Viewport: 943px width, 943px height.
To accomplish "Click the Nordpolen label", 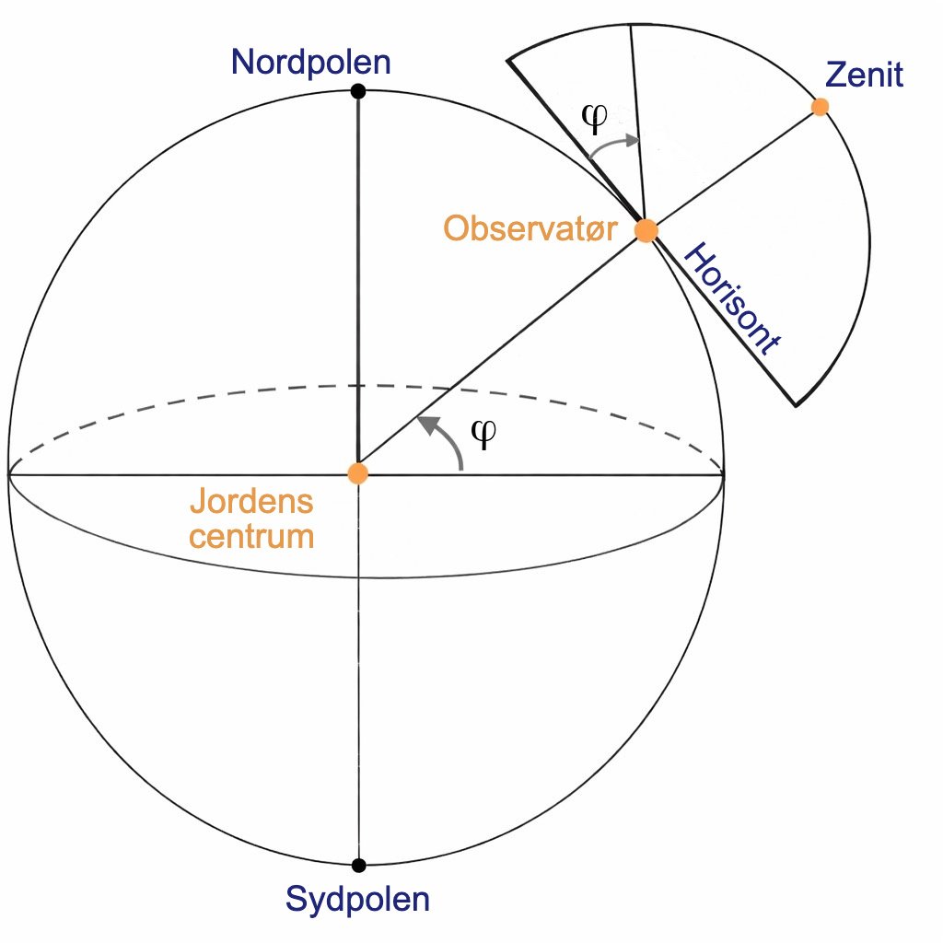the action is click(311, 62).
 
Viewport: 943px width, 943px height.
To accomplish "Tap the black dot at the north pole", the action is click(358, 91).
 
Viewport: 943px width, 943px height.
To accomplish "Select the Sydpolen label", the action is click(358, 901).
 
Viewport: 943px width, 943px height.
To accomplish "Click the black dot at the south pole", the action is click(358, 866).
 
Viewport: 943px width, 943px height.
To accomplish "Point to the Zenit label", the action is click(864, 76).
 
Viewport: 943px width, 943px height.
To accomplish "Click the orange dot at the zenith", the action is click(820, 107).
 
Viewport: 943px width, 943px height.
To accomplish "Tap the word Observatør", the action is click(530, 229).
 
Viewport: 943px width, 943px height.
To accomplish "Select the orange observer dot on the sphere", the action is click(646, 230).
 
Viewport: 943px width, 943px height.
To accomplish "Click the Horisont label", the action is click(732, 299).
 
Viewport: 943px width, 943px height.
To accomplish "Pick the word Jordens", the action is click(251, 501).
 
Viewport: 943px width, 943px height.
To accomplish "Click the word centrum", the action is click(251, 537).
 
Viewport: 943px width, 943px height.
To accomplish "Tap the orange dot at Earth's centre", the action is click(358, 473).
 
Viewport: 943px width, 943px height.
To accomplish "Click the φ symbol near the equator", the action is click(483, 433).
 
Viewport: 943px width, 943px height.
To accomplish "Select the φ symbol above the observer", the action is click(595, 117).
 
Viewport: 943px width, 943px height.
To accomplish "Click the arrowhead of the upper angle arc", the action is click(632, 141).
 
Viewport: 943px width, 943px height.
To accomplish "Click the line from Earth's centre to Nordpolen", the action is click(358, 283).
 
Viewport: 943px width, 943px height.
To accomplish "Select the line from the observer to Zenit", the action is click(733, 169).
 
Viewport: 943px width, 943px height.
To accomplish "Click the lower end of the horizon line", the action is click(796, 406).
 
